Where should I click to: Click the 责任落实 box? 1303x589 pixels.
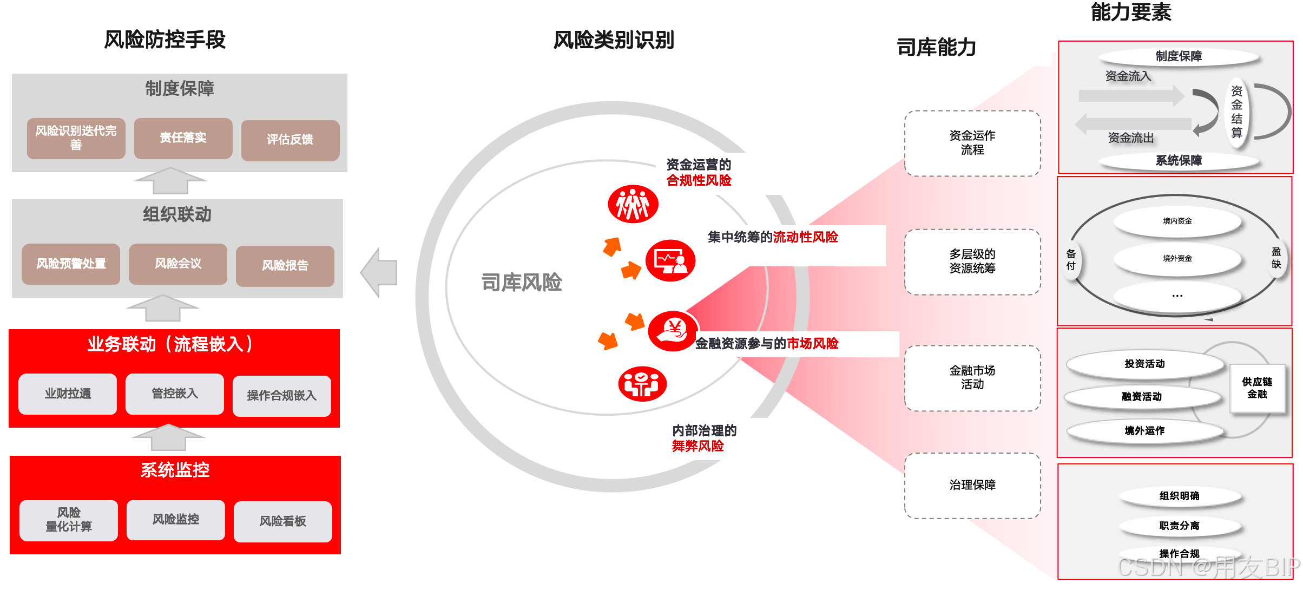tap(183, 138)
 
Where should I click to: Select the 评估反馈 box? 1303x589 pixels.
tap(290, 140)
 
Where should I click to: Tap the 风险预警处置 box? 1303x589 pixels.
tap(71, 264)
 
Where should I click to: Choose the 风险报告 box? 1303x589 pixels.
tap(285, 266)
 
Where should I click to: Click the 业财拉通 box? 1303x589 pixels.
tap(68, 394)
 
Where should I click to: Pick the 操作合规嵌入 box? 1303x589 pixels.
tap(281, 396)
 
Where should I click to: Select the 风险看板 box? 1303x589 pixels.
tap(282, 521)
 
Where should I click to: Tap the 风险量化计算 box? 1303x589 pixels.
tap(69, 520)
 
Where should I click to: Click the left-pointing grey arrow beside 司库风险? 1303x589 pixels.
tap(379, 272)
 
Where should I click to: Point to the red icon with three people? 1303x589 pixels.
tap(633, 205)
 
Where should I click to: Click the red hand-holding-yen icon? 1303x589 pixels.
tap(673, 331)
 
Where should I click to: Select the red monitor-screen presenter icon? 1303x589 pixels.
tap(670, 261)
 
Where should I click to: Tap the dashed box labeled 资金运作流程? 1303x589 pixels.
tap(972, 143)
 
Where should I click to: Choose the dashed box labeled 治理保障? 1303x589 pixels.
tap(972, 485)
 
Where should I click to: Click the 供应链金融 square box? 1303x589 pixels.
tap(1257, 388)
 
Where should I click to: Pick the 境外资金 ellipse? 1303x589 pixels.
tap(1177, 259)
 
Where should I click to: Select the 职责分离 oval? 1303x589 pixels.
tap(1179, 526)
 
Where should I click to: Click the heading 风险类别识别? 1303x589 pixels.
tap(614, 40)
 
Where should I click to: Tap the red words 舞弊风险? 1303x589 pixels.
tap(697, 446)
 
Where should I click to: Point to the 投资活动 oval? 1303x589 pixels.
tap(1144, 364)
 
